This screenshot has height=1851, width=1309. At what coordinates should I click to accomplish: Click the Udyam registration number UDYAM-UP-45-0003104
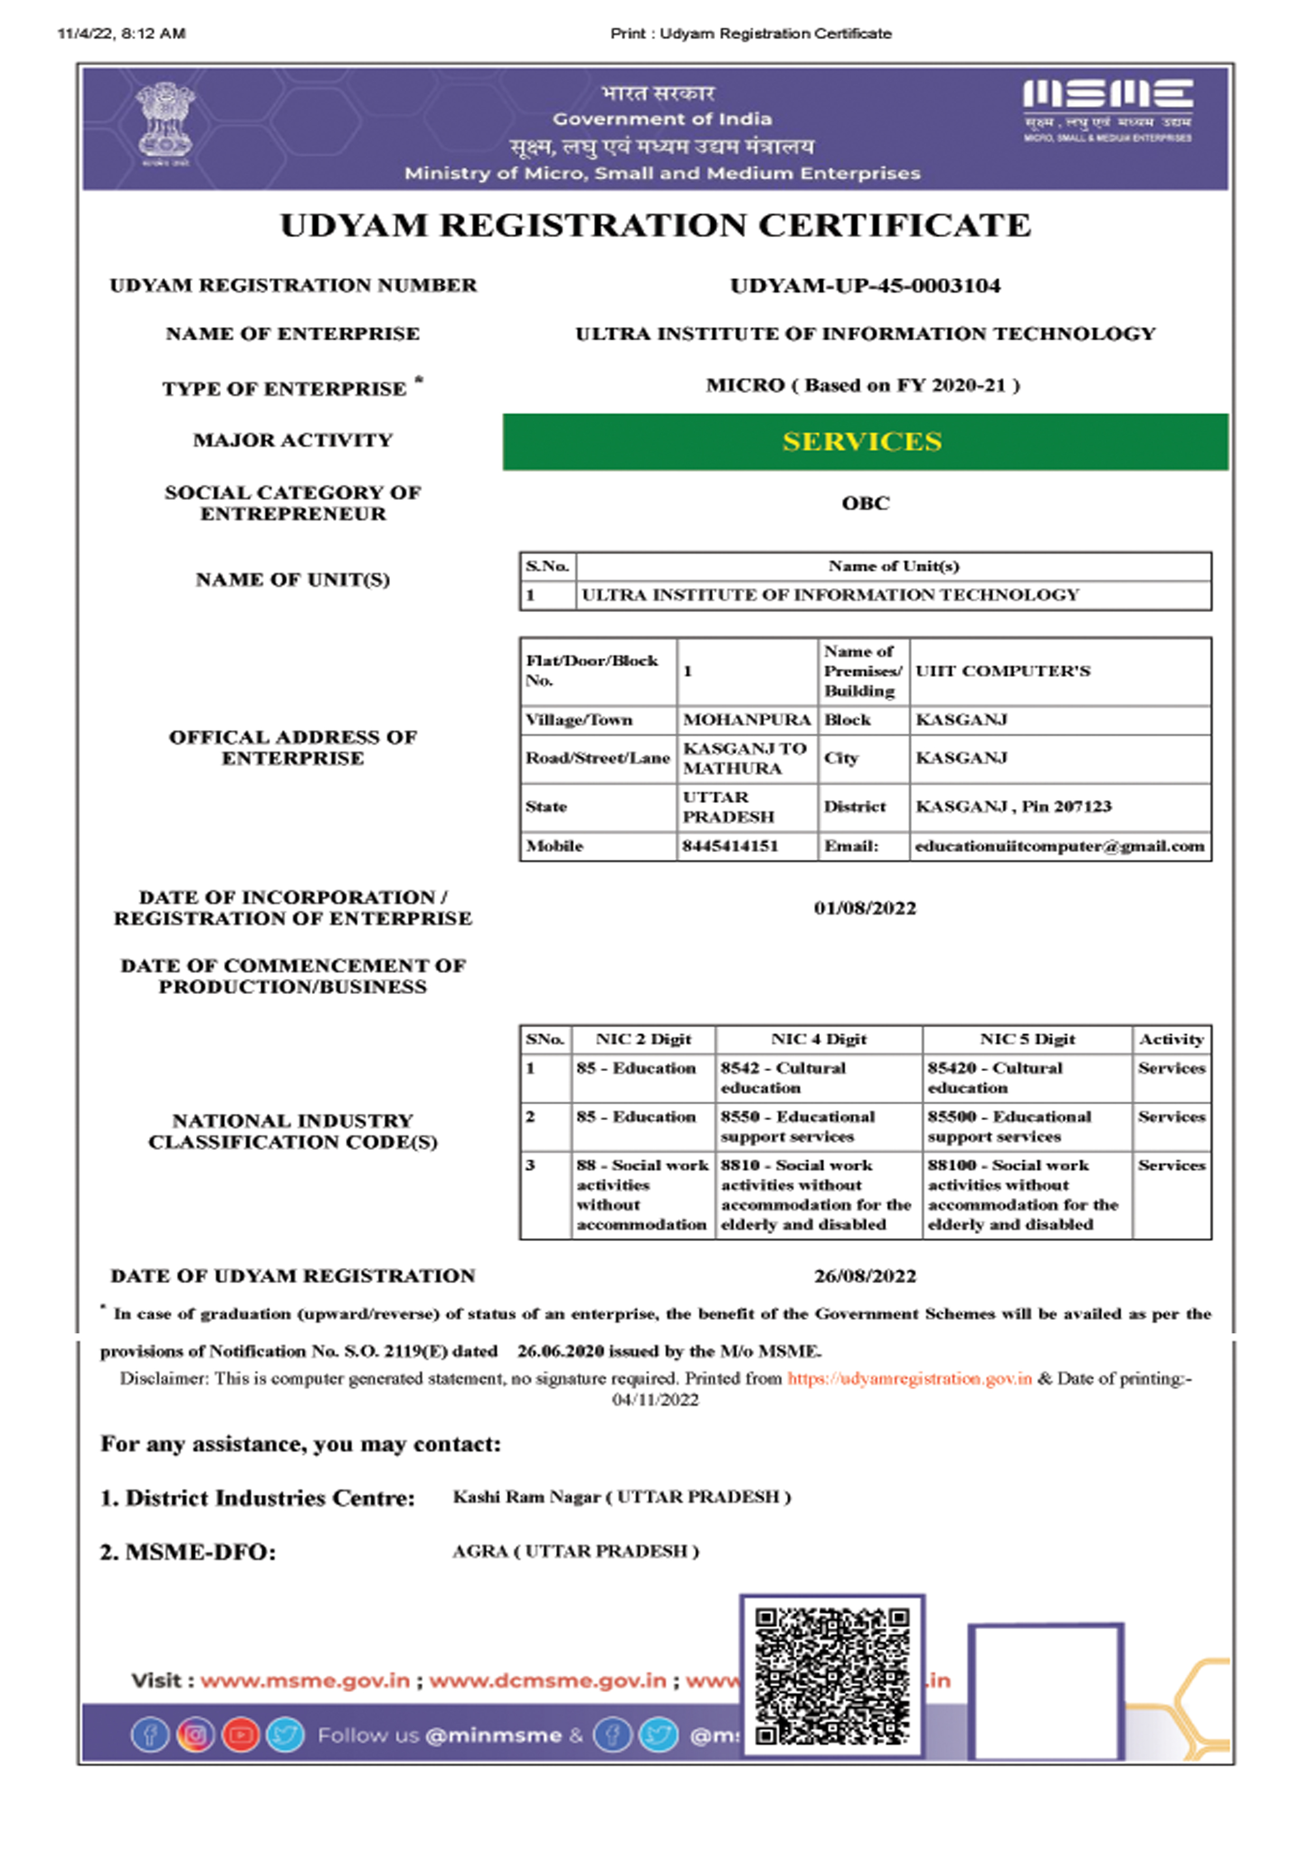[865, 285]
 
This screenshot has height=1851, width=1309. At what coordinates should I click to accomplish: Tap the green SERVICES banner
[865, 442]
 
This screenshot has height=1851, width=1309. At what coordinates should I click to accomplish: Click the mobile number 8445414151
[730, 846]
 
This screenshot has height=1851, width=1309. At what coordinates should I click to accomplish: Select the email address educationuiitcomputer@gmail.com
[1059, 846]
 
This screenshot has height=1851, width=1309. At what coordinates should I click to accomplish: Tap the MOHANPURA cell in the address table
[746, 720]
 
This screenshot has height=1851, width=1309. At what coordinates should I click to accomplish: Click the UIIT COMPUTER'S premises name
[1002, 671]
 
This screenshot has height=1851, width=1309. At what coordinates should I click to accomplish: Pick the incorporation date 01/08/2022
[865, 909]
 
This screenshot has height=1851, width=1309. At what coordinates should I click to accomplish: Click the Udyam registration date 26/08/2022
[865, 1276]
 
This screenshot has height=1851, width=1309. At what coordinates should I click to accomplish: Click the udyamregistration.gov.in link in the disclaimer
[909, 1379]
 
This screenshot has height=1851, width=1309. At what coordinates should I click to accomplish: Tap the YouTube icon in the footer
[240, 1735]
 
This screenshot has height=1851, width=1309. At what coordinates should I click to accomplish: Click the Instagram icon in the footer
[195, 1735]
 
